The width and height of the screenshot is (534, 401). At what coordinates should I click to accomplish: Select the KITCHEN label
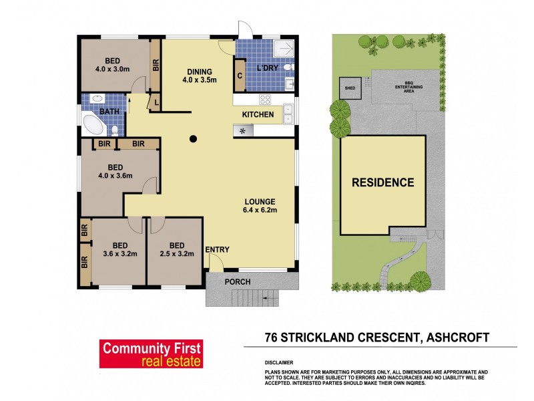[x=258, y=115]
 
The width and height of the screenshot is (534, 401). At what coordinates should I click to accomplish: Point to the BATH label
[x=109, y=112]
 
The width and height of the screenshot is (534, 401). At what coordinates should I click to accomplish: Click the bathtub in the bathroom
[x=94, y=126]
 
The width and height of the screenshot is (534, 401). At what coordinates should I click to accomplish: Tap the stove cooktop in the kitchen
[x=265, y=100]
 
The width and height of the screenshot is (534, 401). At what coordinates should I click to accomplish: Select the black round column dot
[x=193, y=139]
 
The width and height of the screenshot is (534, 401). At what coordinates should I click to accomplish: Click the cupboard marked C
[x=239, y=76]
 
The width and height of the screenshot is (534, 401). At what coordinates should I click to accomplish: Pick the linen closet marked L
[x=155, y=102]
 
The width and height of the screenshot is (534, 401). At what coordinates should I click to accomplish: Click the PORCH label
[x=237, y=281]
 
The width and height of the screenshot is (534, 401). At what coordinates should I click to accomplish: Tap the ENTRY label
[x=217, y=250]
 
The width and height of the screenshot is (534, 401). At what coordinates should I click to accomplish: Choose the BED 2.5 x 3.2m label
[x=176, y=249]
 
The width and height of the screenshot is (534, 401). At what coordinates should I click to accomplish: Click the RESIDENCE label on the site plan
[x=383, y=182]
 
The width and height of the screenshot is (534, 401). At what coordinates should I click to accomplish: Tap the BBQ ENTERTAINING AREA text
[x=405, y=88]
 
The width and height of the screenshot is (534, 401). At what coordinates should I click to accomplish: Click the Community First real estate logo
[x=150, y=354]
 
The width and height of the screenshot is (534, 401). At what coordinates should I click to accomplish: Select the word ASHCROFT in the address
[x=456, y=337]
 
